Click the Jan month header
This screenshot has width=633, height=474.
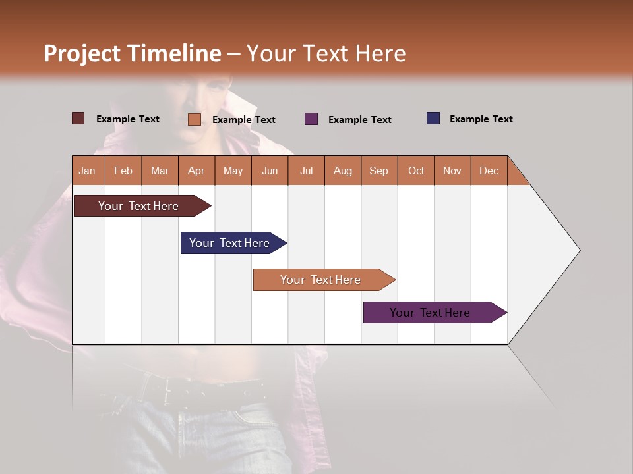point(88,171)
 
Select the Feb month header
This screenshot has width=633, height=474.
point(123,171)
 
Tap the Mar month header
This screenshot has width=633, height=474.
point(160,171)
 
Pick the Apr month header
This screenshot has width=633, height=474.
point(196,171)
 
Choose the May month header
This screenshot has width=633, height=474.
point(233,171)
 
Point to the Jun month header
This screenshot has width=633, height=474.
point(270,171)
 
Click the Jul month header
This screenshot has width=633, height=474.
point(306,171)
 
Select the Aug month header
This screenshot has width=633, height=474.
point(343,171)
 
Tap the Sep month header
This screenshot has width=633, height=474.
point(379,171)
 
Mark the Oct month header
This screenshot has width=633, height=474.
point(416,171)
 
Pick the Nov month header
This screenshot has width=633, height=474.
point(452,171)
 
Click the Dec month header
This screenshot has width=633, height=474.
point(489,171)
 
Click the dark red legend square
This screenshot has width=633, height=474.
point(78,118)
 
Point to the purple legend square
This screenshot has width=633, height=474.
point(311,119)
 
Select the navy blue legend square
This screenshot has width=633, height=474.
point(433,118)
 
